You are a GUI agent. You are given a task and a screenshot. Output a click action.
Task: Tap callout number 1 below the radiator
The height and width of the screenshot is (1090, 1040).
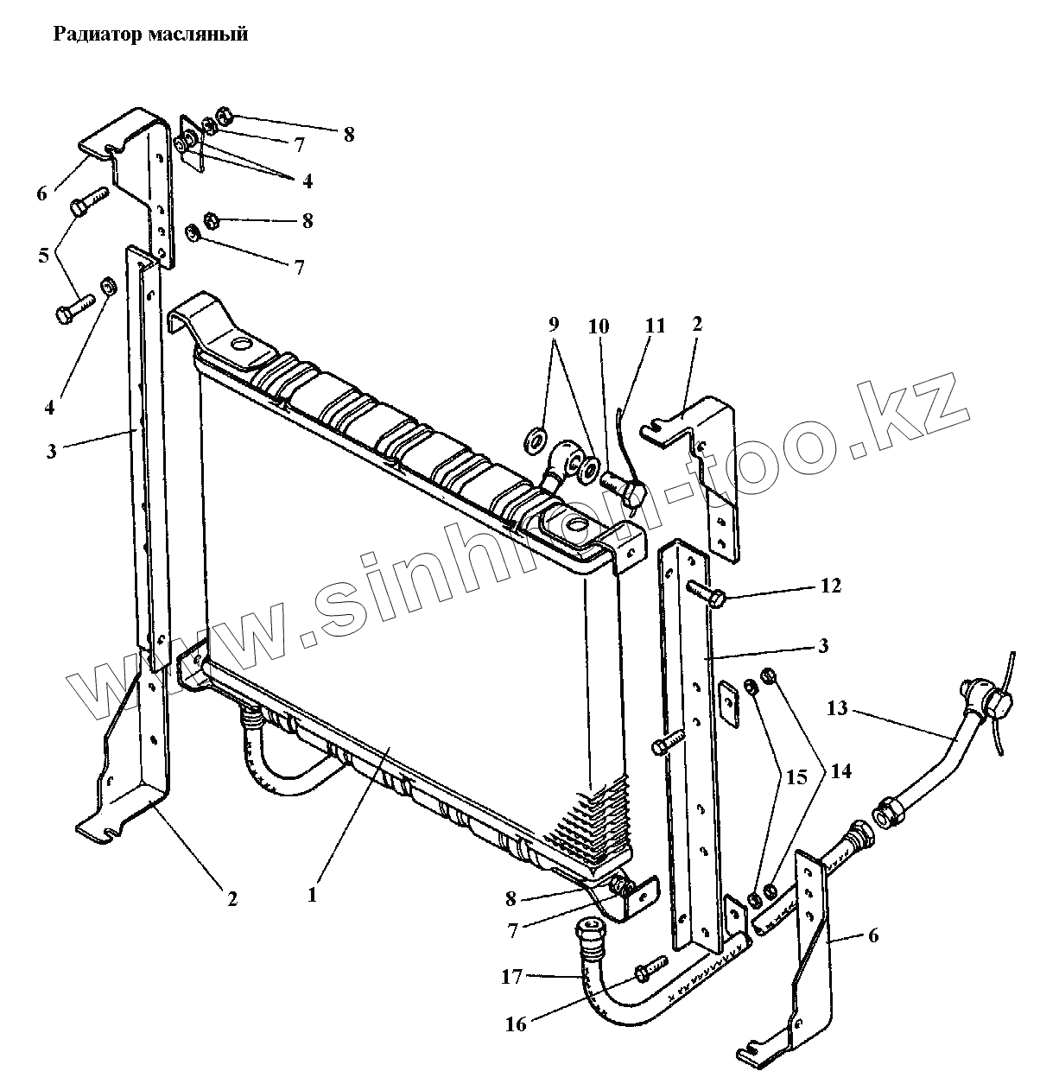[x=312, y=896]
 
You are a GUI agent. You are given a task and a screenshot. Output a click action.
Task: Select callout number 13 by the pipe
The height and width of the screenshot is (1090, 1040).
[x=837, y=709]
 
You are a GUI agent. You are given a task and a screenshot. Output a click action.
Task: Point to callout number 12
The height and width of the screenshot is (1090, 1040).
[x=830, y=586]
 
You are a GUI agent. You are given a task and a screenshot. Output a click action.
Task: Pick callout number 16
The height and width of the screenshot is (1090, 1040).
[x=516, y=1024]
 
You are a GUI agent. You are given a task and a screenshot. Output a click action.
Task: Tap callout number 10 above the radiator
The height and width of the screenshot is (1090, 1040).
[x=599, y=326]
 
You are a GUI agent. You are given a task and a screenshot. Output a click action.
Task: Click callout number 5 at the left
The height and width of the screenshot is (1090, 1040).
[x=43, y=256]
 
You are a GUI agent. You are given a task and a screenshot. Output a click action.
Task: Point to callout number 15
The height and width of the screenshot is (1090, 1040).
[x=796, y=778]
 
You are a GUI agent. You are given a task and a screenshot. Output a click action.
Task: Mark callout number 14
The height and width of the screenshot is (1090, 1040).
[x=840, y=770]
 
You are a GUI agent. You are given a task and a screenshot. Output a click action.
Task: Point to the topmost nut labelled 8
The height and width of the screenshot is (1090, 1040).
[x=222, y=115]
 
